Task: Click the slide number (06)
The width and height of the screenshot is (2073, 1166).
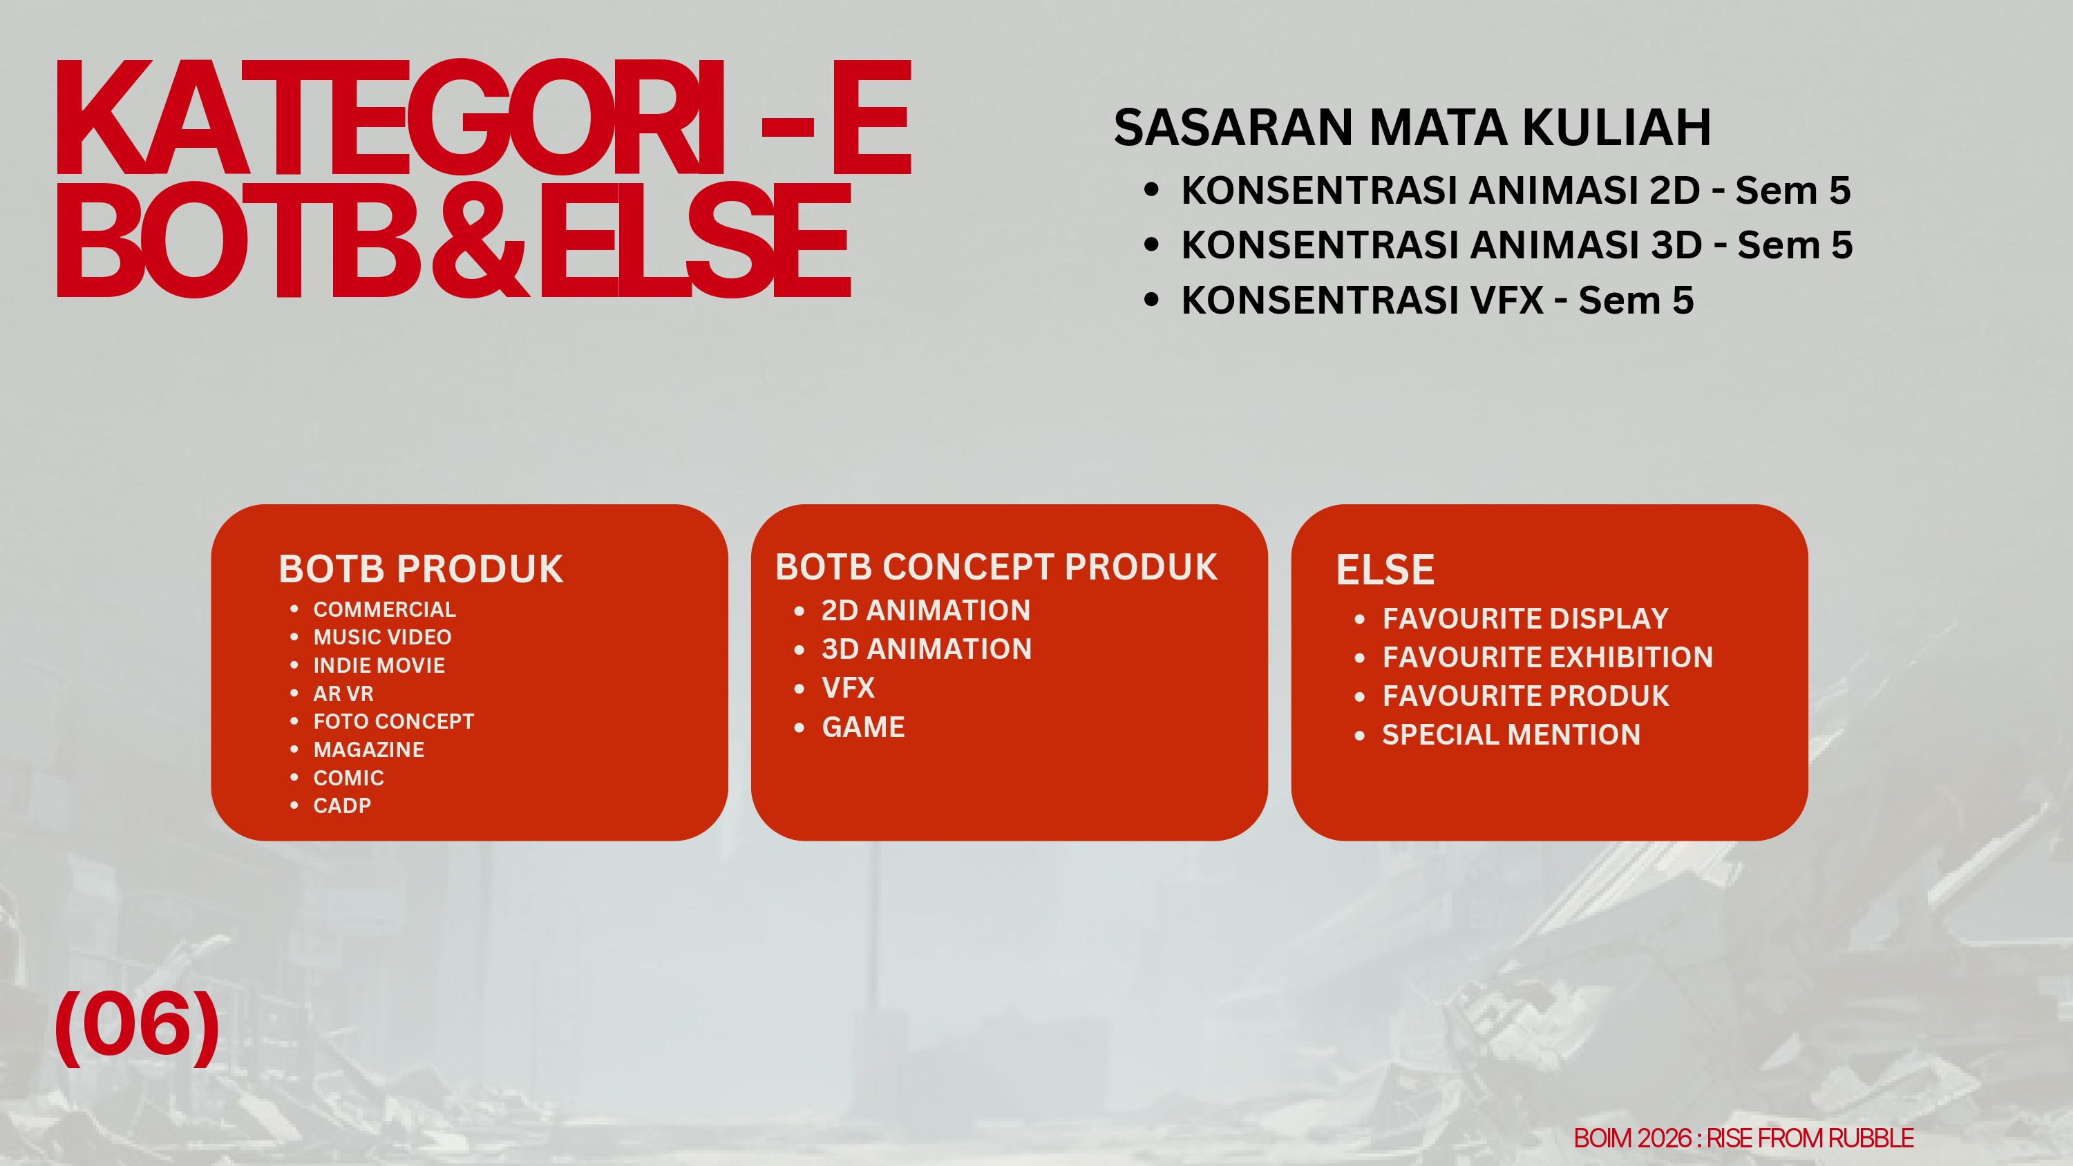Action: pos(137,1025)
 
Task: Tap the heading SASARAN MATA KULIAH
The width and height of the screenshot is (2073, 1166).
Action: pos(1412,128)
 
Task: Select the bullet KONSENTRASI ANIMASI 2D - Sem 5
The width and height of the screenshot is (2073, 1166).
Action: pos(1515,191)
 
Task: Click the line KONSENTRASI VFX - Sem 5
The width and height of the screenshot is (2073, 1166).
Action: pos(1437,300)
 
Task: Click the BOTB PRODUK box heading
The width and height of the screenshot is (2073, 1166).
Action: pos(421,569)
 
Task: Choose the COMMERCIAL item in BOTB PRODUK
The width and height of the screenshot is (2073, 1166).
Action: pos(384,609)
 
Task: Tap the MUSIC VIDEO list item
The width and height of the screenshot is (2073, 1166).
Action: pos(382,638)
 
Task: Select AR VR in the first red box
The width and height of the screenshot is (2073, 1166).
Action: pos(343,694)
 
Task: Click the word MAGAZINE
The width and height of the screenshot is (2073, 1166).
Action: pos(368,749)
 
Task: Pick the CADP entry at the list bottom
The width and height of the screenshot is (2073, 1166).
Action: pos(342,805)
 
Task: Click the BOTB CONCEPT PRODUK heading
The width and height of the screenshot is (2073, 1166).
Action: pos(996,567)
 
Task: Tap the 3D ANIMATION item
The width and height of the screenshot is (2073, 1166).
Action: pos(926,649)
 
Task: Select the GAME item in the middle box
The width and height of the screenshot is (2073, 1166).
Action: pos(862,727)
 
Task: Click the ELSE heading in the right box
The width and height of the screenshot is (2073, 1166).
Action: pos(1385,570)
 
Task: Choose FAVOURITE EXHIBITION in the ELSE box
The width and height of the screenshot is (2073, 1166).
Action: pos(1546,658)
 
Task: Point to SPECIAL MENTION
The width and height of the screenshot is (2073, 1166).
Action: pos(1511,735)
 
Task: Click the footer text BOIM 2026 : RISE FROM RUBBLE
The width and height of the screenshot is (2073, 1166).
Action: pos(1743,1138)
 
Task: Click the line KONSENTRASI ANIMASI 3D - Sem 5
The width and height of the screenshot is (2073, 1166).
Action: pos(1516,245)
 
